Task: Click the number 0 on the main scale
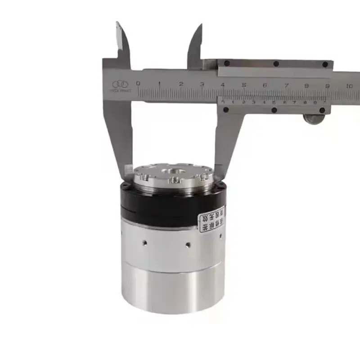click(138, 83)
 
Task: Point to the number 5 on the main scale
click(243, 84)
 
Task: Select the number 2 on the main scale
click(180, 84)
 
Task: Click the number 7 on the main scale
click(286, 85)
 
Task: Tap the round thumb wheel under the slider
click(313, 118)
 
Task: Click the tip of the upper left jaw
click(118, 23)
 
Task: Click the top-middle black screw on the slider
click(276, 64)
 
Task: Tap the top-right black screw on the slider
click(325, 65)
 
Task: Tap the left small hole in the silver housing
click(144, 243)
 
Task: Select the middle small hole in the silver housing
click(188, 245)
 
